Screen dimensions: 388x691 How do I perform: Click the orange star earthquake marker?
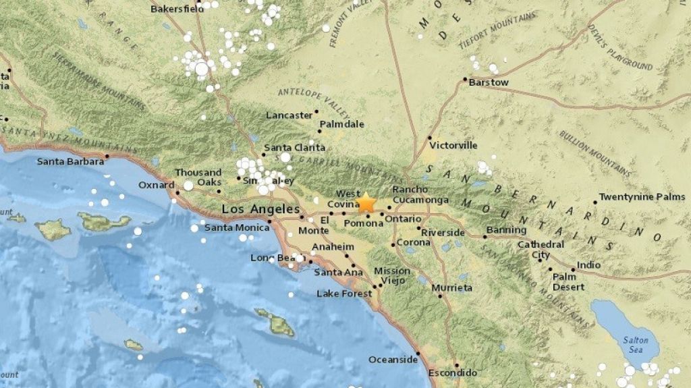click(366, 202)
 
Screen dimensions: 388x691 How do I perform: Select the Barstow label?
click(488, 83)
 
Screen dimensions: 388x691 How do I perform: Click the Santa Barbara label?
click(70, 161)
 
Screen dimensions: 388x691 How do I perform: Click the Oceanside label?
click(393, 360)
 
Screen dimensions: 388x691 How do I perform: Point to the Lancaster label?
click(289, 115)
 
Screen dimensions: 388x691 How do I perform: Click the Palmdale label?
click(341, 125)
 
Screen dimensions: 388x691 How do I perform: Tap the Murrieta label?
click(451, 288)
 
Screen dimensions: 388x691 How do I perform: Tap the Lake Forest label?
click(344, 294)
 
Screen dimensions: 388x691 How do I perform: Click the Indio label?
click(588, 265)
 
